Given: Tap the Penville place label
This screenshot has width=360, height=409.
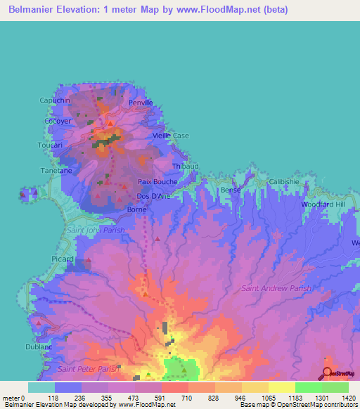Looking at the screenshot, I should pyautogui.click(x=141, y=103).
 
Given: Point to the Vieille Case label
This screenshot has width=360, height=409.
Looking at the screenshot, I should pyautogui.click(x=171, y=135).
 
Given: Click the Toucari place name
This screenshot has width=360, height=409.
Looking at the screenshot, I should pyautogui.click(x=50, y=145).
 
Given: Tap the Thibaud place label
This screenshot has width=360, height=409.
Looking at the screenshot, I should pyautogui.click(x=186, y=166).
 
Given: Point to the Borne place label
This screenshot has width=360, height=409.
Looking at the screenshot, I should pyautogui.click(x=136, y=209).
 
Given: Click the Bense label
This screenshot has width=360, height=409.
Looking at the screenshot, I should pyautogui.click(x=231, y=190).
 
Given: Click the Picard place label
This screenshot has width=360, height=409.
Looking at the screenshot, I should pyautogui.click(x=63, y=259).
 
